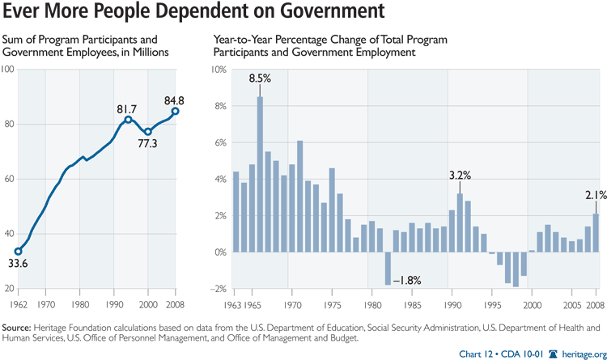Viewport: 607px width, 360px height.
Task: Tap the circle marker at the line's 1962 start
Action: tap(19, 251)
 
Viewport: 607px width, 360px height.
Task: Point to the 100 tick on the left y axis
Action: tap(8, 70)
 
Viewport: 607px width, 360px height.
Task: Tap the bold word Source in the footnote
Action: tap(18, 328)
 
